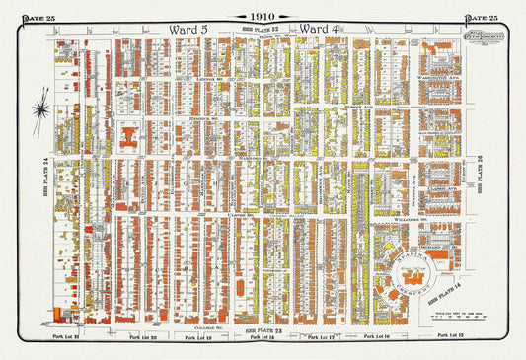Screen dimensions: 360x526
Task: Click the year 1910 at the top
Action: point(262,17)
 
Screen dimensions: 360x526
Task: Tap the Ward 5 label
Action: point(189,29)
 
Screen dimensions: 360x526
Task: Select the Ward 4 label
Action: point(320,29)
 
